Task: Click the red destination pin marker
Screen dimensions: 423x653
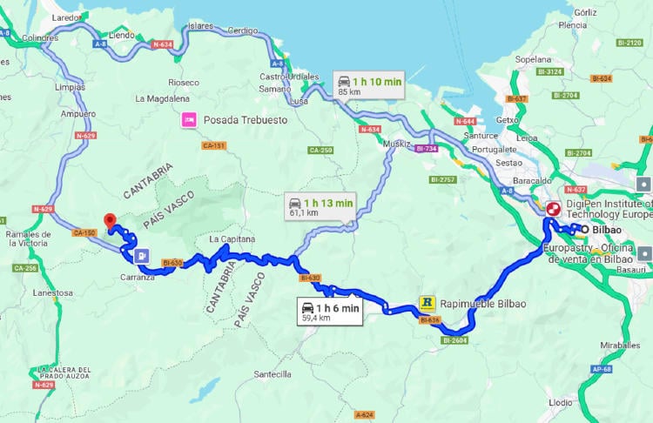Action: (110, 221)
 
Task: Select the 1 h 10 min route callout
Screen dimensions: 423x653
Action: (369, 85)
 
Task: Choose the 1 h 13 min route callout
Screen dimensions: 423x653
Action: (321, 207)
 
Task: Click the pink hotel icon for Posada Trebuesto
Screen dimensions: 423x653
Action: (187, 120)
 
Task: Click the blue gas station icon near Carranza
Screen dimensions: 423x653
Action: (141, 256)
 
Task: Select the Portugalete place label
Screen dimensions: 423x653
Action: (494, 149)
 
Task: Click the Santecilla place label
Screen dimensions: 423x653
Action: (272, 374)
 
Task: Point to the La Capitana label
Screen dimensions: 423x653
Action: (231, 238)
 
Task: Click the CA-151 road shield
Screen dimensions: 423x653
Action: (215, 145)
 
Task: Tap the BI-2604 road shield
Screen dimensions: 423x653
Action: (455, 340)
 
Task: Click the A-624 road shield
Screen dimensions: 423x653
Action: (365, 414)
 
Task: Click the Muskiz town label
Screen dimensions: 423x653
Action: (396, 144)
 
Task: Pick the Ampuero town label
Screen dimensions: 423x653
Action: (78, 114)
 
